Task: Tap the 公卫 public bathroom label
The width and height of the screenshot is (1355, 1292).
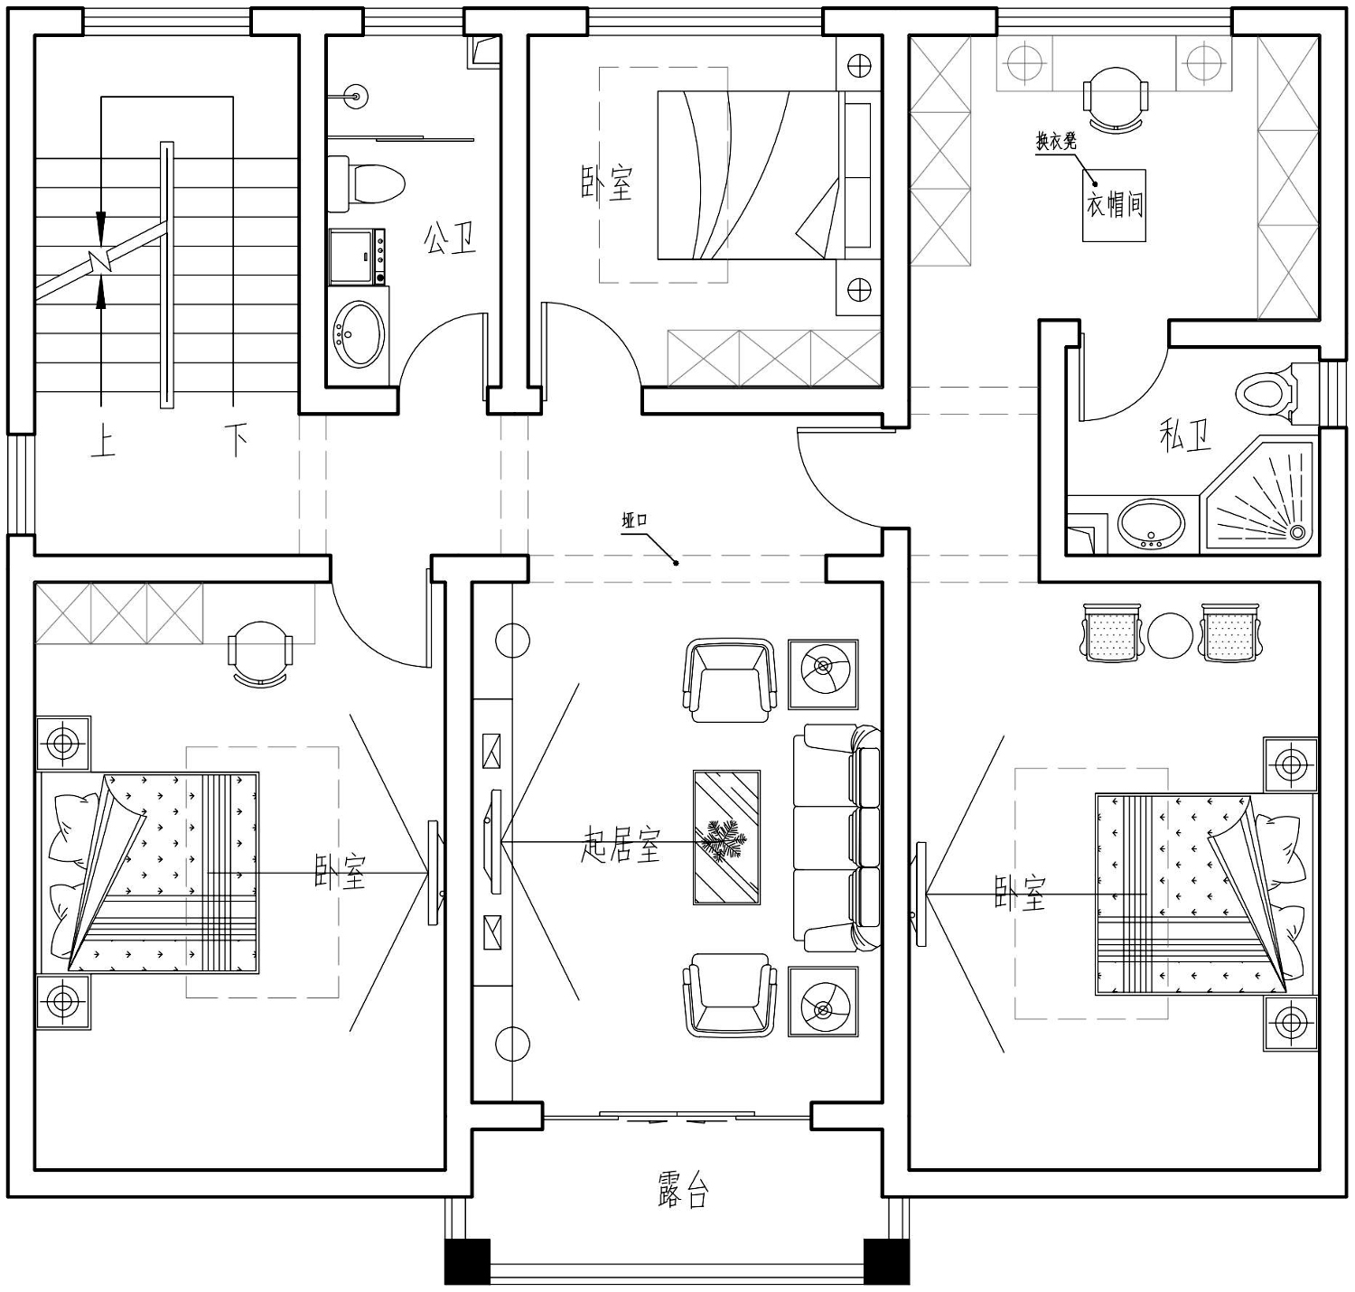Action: [x=450, y=239]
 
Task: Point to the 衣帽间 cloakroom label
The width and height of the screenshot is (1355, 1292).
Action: [x=1115, y=205]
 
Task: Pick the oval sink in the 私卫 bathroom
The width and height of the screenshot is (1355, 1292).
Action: [x=1150, y=524]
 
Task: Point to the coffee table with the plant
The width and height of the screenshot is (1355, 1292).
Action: [x=726, y=837]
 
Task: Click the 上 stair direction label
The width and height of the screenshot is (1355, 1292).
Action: [x=103, y=441]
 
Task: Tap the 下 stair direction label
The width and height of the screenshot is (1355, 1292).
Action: [x=236, y=440]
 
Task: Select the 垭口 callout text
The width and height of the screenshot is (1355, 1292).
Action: [x=634, y=520]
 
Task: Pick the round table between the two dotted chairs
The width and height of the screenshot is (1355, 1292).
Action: [x=1170, y=634]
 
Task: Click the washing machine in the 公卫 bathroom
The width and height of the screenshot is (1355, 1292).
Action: [x=357, y=257]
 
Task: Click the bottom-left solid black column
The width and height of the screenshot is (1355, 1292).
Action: [x=467, y=1261]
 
